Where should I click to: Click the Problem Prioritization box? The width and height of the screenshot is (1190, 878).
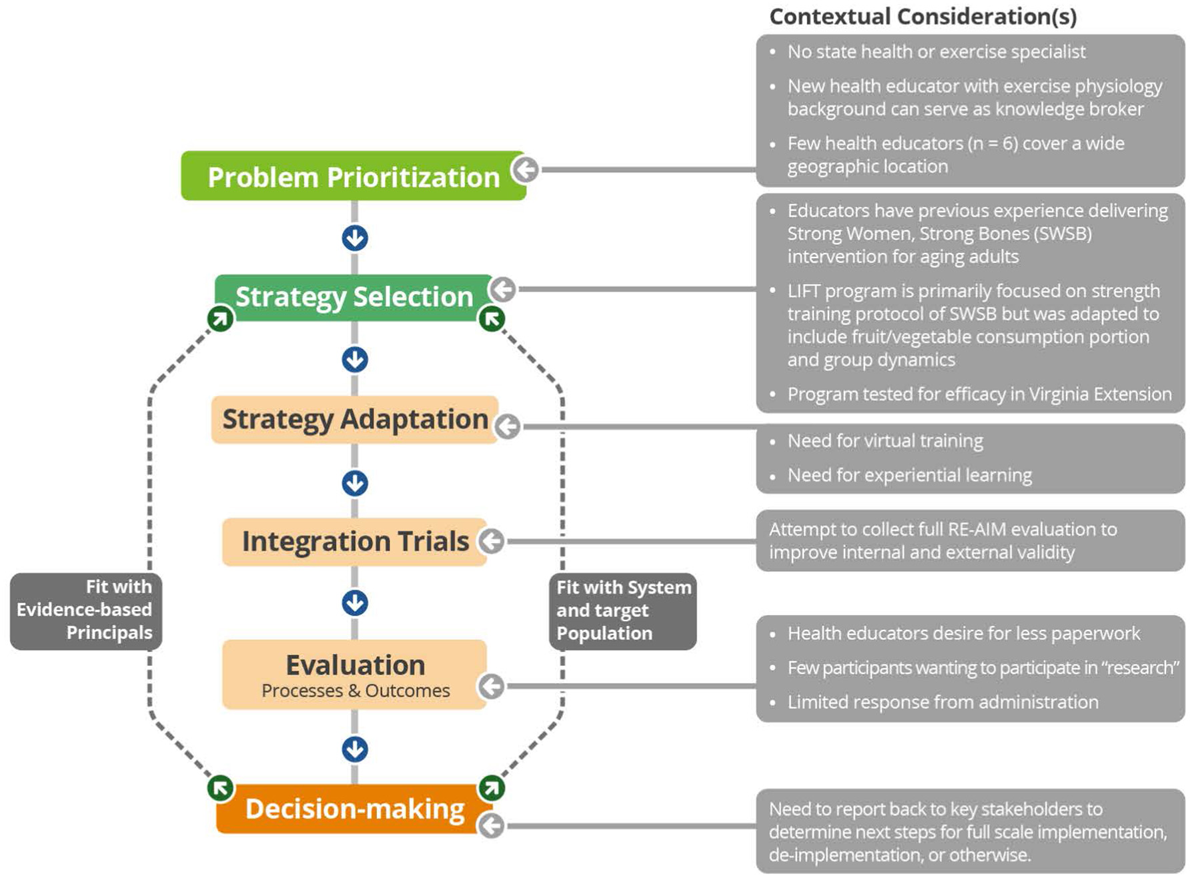click(354, 176)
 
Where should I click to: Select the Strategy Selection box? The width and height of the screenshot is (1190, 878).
click(354, 297)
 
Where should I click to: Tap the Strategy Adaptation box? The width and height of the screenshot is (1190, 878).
click(354, 420)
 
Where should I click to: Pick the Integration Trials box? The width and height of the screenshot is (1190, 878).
click(354, 541)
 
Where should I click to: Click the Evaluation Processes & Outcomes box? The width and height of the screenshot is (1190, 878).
click(354, 674)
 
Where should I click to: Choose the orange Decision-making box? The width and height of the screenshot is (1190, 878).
click(354, 809)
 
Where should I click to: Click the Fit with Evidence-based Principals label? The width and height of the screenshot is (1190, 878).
click(85, 610)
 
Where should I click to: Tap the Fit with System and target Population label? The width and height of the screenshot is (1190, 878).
click(622, 610)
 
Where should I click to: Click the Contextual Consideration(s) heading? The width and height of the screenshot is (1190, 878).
click(923, 17)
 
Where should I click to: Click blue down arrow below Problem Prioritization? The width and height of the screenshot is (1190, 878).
click(355, 238)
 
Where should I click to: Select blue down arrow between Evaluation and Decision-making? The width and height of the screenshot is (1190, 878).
click(355, 749)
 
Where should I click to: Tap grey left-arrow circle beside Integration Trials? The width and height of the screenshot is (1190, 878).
click(492, 541)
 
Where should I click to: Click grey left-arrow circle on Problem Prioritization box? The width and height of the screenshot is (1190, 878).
click(526, 169)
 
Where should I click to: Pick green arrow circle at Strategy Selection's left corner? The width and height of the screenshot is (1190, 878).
click(220, 318)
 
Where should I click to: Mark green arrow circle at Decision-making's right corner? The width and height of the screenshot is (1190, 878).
click(492, 788)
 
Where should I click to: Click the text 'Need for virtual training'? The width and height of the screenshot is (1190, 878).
click(884, 441)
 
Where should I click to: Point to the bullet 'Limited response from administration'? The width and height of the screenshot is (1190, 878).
click(942, 702)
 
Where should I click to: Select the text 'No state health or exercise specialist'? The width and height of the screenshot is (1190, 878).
click(936, 52)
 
